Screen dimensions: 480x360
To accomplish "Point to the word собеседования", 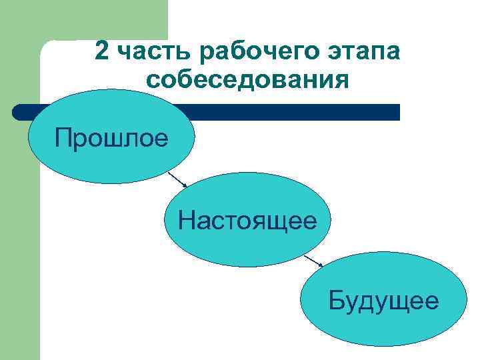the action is click(x=247, y=81).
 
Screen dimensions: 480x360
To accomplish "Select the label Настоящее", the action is click(x=247, y=220).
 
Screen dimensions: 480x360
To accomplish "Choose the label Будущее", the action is click(x=383, y=301).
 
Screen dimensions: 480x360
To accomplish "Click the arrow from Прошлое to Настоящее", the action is click(x=177, y=179).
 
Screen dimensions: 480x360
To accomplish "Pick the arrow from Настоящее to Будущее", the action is click(x=313, y=260).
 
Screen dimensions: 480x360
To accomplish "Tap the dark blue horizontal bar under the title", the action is click(x=300, y=112).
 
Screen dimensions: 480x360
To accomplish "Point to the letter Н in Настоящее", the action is click(x=187, y=220).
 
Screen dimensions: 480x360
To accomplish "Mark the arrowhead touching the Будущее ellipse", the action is click(x=321, y=265).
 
